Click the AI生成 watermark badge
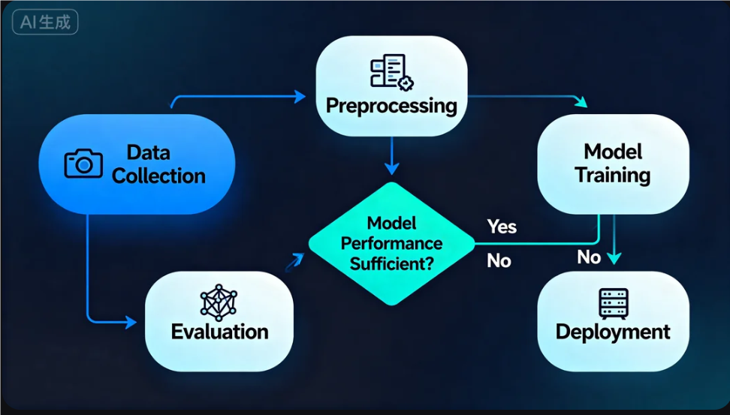[x=45, y=23]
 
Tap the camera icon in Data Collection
[x=83, y=164]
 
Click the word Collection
[x=158, y=176]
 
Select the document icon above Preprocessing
[x=392, y=72]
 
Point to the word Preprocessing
[x=391, y=106]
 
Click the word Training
[x=613, y=176]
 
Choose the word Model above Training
[x=613, y=152]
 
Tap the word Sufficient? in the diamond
[x=391, y=264]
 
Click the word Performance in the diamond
[x=391, y=243]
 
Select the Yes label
[x=502, y=227]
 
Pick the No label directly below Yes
[x=499, y=261]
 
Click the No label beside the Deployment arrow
[x=589, y=257]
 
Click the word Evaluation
[x=220, y=332]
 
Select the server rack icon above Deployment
[x=613, y=303]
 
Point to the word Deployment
[x=613, y=332]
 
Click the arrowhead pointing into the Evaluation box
[x=131, y=322]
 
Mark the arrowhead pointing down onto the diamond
[x=392, y=168]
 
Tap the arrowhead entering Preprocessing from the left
[x=300, y=97]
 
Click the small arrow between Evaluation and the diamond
[x=294, y=263]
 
